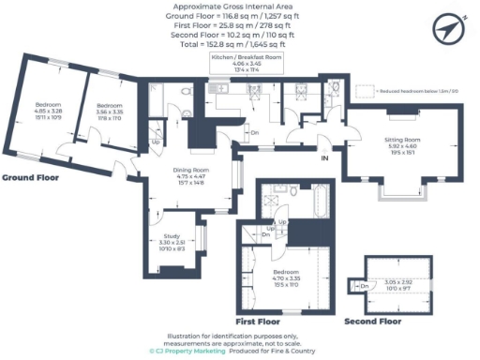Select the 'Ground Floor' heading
pyautogui.click(x=30, y=177)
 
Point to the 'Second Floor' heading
pyautogui.click(x=371, y=322)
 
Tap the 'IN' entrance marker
pyautogui.click(x=324, y=158)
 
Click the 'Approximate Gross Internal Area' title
pyautogui.click(x=239, y=7)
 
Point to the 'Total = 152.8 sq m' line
pyautogui.click(x=239, y=43)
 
